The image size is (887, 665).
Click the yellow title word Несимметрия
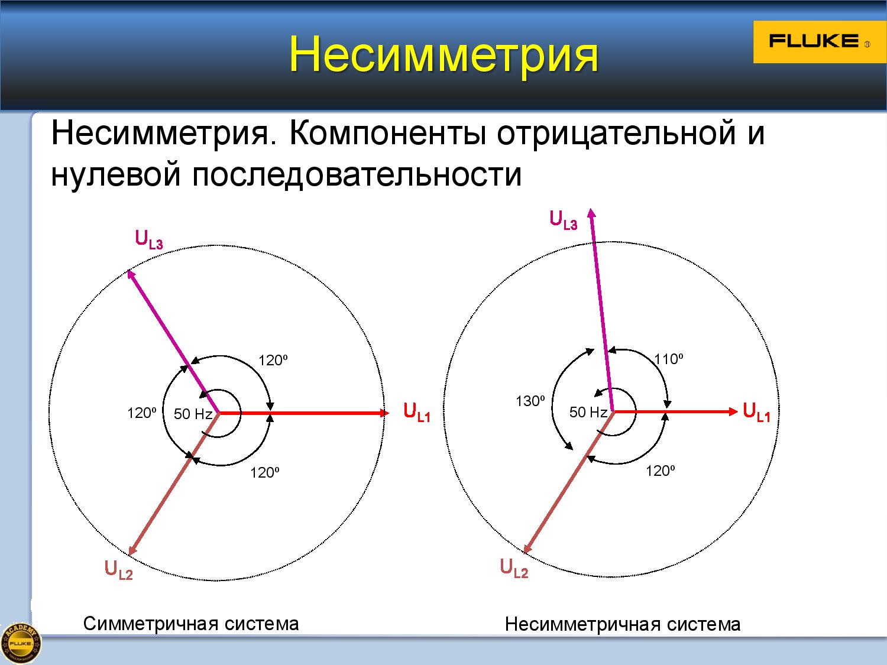(444, 54)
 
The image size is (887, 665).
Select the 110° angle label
(669, 359)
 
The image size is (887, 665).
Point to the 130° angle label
(530, 401)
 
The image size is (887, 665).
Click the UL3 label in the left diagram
(149, 239)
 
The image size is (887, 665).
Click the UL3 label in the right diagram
(564, 220)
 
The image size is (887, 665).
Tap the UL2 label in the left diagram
(119, 569)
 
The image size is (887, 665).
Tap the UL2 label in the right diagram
(514, 567)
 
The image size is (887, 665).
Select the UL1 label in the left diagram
(417, 412)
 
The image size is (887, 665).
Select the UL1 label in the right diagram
(757, 412)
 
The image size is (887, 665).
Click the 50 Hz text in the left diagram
(193, 414)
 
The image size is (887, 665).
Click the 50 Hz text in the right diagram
(588, 412)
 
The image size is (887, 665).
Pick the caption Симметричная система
(191, 624)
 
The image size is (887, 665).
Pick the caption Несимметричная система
(623, 625)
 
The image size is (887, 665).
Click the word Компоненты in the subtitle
(388, 133)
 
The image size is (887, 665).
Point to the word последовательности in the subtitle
(357, 174)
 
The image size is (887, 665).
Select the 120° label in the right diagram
(661, 471)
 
